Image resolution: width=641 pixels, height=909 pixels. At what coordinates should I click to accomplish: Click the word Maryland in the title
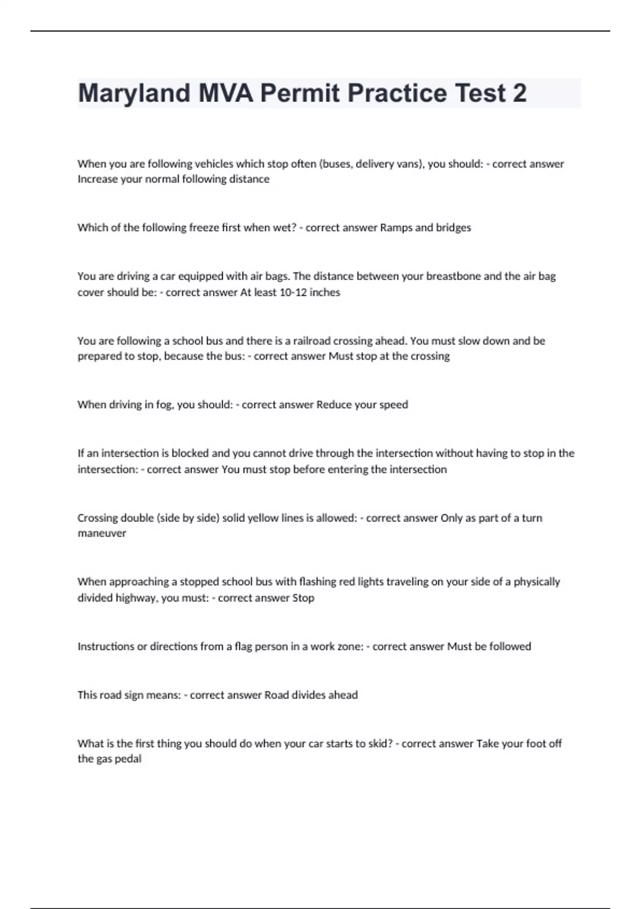[134, 94]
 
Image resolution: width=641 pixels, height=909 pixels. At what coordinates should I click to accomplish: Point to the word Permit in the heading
[300, 94]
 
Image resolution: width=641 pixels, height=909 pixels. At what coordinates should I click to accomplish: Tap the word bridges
[454, 227]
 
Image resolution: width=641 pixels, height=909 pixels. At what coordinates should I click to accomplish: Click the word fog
[164, 405]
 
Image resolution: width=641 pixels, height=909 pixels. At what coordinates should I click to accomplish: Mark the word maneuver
[101, 533]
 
